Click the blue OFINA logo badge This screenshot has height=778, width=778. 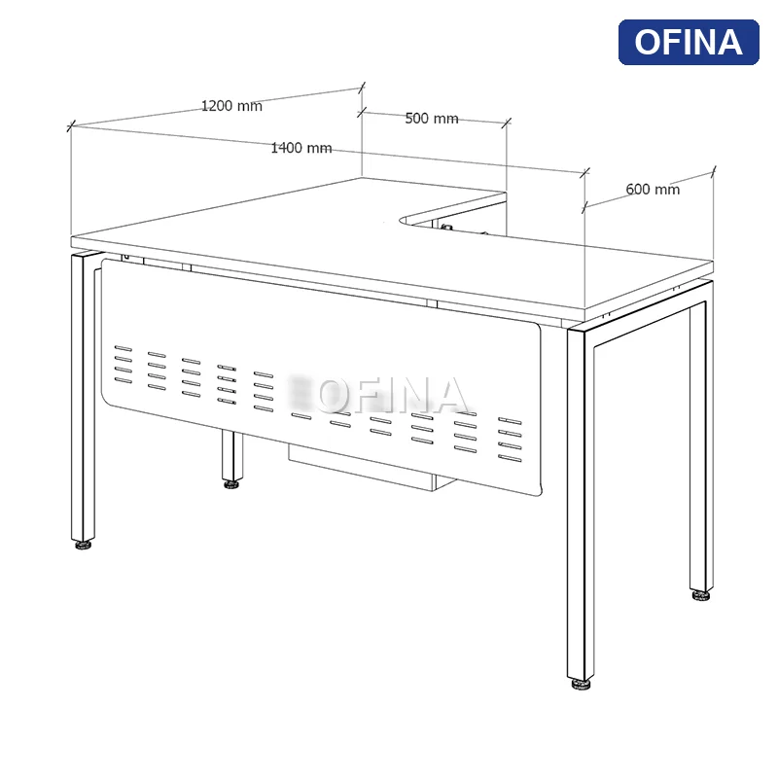point(689,42)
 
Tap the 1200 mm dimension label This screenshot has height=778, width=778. point(231,106)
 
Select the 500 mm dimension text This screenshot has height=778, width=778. point(431,119)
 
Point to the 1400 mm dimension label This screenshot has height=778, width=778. point(301,148)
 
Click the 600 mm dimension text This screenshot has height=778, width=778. point(653,190)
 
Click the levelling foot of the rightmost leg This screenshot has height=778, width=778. point(701,594)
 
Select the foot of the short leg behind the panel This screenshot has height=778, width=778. point(231,483)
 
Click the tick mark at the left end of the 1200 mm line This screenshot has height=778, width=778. point(70,125)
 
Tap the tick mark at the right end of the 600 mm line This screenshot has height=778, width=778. point(714,172)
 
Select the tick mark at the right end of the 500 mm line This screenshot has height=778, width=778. point(506,124)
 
